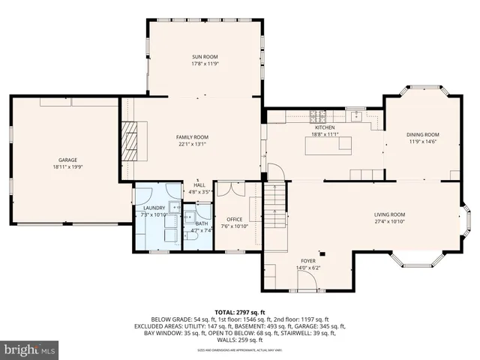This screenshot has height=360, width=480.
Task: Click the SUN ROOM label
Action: [204, 57]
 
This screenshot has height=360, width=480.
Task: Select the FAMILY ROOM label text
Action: [192, 137]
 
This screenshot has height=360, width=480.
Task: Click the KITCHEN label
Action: [324, 128]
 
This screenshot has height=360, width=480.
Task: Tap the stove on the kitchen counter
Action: [318, 116]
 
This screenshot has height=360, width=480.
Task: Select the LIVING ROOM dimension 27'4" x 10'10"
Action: [389, 222]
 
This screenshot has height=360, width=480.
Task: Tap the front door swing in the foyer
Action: [307, 281]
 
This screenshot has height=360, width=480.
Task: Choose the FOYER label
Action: [309, 261]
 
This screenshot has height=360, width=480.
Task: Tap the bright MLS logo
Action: [29, 349]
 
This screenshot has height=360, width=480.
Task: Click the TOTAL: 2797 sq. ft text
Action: [239, 312]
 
